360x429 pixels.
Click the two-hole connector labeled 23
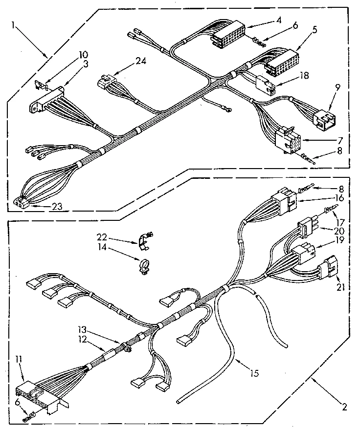[21, 203]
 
